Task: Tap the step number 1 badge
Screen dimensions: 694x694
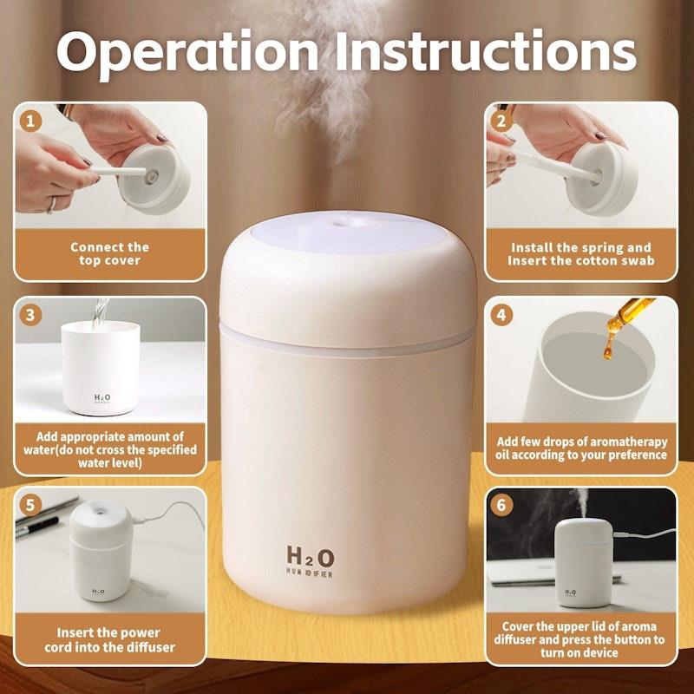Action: [x=32, y=121]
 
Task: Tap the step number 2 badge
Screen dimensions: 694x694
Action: [x=501, y=121]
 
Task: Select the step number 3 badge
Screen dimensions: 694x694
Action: [x=32, y=316]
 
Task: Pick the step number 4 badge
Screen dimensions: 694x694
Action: [x=501, y=316]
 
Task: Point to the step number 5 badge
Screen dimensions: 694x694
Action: [x=32, y=504]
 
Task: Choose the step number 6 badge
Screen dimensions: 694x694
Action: [x=501, y=504]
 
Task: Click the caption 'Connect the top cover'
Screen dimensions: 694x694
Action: [x=109, y=253]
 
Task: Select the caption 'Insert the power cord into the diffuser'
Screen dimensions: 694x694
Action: [x=109, y=640]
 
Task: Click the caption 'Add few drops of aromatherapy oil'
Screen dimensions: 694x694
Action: [x=581, y=448]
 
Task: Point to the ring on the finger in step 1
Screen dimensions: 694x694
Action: [x=52, y=205]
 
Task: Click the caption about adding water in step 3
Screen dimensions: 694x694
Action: [x=109, y=449]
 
